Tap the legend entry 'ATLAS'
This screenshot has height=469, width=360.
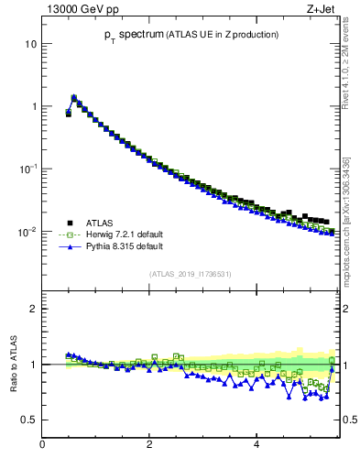(99, 223)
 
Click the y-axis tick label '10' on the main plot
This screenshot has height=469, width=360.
(30, 44)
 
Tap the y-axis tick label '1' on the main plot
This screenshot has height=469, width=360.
(33, 106)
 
